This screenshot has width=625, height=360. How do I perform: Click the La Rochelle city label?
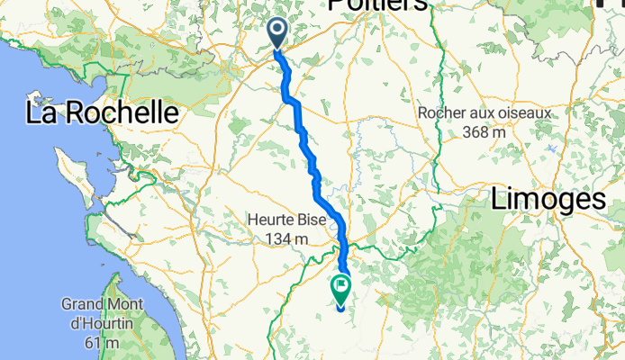tap(101, 113)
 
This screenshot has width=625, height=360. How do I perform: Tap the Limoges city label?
tap(548, 200)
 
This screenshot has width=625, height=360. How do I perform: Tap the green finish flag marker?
tap(341, 291)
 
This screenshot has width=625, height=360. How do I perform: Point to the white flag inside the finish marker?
tap(341, 288)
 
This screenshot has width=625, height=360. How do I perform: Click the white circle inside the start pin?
tap(276, 32)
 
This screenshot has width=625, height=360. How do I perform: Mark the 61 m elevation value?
tap(102, 343)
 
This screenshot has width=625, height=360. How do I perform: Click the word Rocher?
tap(444, 114)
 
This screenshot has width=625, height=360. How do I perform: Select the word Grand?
tap(83, 304)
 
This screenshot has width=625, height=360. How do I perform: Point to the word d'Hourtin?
tap(102, 324)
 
